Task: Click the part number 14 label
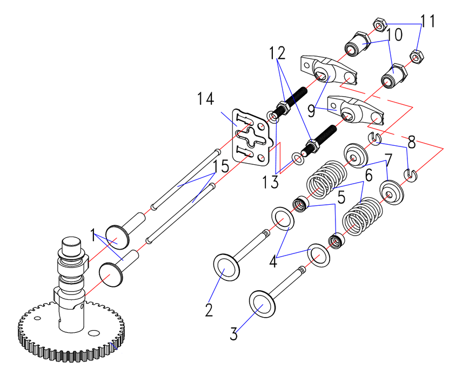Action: click(x=205, y=99)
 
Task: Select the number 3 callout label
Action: click(x=233, y=333)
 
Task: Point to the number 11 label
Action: click(x=427, y=22)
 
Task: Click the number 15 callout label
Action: click(x=220, y=166)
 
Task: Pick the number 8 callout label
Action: click(x=412, y=144)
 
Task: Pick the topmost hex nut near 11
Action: click(x=379, y=24)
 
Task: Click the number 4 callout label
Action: click(x=273, y=262)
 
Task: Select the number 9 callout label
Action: click(x=311, y=111)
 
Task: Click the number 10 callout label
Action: click(x=394, y=36)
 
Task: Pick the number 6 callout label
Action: click(x=368, y=176)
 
